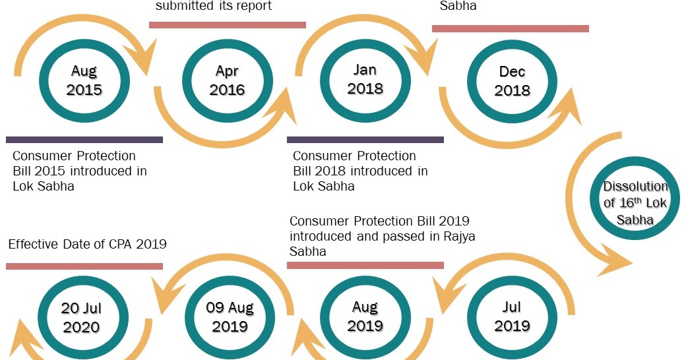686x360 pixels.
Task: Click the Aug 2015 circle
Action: [x=84, y=80]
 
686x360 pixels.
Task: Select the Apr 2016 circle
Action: [x=226, y=80]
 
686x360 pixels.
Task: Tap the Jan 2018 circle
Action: [x=365, y=79]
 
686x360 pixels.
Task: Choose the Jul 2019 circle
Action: [x=511, y=317]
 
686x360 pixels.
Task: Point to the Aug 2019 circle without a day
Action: [x=365, y=317]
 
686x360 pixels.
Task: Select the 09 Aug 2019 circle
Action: [x=230, y=317]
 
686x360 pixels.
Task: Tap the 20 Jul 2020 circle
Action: [x=80, y=318]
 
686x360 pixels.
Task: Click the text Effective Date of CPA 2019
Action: [x=87, y=245]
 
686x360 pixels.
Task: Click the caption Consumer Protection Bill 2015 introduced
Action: [x=79, y=171]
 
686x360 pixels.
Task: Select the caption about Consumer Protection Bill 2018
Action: [x=359, y=171]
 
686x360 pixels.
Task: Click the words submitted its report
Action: [x=213, y=7]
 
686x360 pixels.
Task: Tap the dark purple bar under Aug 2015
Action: [x=84, y=140]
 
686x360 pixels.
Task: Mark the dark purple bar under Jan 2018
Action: [x=365, y=140]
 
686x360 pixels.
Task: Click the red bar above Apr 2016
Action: [x=227, y=25]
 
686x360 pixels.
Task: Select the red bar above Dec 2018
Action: [x=510, y=28]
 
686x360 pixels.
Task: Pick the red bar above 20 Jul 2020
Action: [x=84, y=266]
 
